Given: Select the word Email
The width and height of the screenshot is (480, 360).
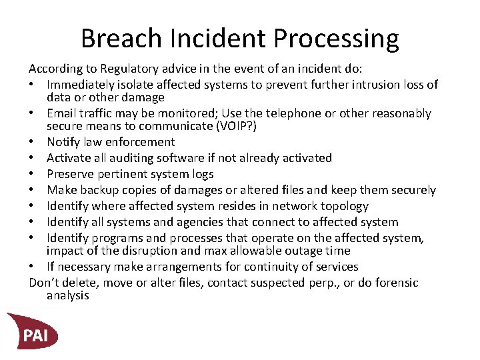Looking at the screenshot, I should (x=61, y=113).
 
